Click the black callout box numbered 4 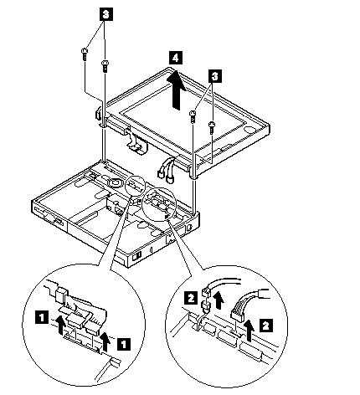coord(175,58)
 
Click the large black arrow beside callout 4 coord(176,90)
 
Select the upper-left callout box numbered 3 coord(105,15)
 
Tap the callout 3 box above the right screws coord(214,76)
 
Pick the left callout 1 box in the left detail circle coord(41,318)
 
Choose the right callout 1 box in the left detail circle coord(123,343)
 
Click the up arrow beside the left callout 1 coord(60,326)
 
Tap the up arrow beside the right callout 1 coord(105,341)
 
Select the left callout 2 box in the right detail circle coord(191,299)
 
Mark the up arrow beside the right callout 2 coord(249,331)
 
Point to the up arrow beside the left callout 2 coord(219,300)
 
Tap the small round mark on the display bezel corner coord(249,130)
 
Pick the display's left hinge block coord(99,114)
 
